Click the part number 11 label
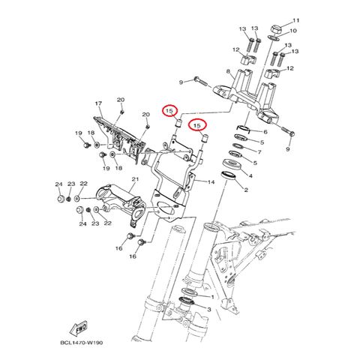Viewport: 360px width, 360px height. pos(296,20)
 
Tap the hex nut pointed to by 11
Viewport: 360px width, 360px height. pos(276,29)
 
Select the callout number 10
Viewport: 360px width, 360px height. pos(292,31)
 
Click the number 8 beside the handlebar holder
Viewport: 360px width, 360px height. pos(228,71)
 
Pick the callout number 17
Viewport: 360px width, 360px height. pos(98,103)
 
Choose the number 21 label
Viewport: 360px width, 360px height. pos(135,179)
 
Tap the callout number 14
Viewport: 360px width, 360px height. pos(211,182)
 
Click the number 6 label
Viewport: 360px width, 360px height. pos(265,132)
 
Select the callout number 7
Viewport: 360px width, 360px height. pos(259,152)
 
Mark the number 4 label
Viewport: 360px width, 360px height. pos(250,175)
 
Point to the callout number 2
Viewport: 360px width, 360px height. pos(246,190)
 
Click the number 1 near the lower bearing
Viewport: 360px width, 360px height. pos(213,297)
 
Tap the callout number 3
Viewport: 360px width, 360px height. pos(209,310)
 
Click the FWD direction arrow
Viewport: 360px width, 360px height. pos(79,328)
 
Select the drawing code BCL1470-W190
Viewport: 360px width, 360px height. pos(82,343)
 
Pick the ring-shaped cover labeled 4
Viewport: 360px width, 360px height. pos(232,164)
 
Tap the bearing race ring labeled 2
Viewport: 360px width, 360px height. pos(229,175)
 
